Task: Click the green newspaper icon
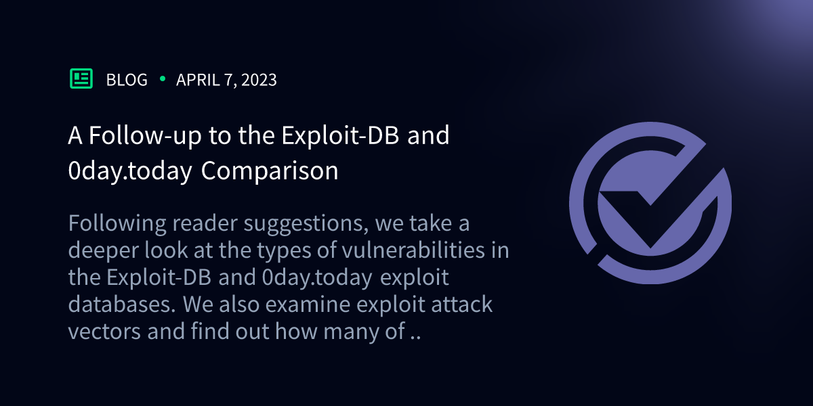(81, 79)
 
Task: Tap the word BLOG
(127, 80)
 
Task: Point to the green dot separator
(162, 79)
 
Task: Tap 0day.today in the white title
(129, 171)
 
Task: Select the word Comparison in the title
(270, 171)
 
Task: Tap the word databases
(121, 305)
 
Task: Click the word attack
(461, 305)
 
